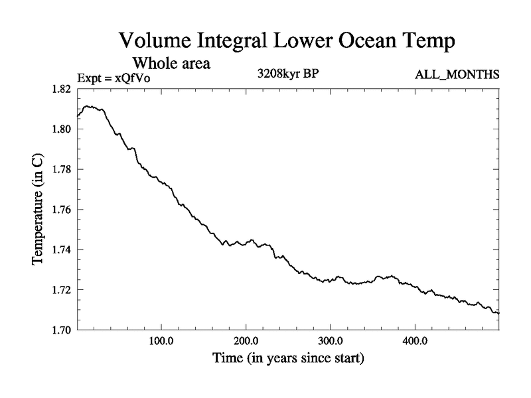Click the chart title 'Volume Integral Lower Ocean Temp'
(x=286, y=41)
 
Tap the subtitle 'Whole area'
(x=172, y=64)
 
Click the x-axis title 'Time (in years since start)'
(x=288, y=359)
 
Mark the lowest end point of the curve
(x=498, y=312)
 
